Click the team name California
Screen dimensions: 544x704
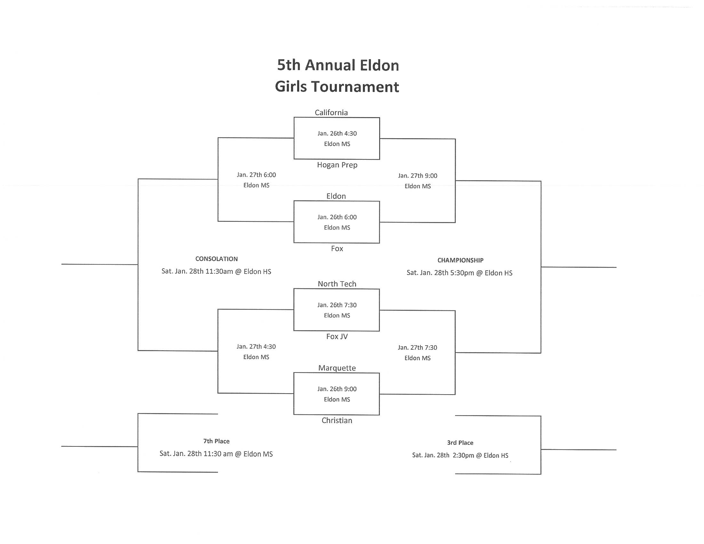click(x=331, y=112)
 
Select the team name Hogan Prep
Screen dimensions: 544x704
click(x=337, y=165)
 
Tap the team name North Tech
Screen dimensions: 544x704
click(x=337, y=284)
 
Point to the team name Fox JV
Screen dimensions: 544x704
click(x=337, y=336)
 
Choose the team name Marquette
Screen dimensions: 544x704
click(x=337, y=368)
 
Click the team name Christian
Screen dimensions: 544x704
click(x=337, y=420)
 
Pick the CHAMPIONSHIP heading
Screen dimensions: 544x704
click(x=460, y=260)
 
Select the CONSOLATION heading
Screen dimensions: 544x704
click(x=216, y=259)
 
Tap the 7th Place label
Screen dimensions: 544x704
click(x=216, y=441)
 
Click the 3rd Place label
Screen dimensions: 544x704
click(x=460, y=443)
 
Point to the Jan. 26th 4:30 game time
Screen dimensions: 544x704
click(x=337, y=133)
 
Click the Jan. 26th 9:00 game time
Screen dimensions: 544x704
click(x=337, y=389)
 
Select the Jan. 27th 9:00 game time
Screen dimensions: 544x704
click(x=417, y=176)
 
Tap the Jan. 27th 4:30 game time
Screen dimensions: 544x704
click(x=256, y=347)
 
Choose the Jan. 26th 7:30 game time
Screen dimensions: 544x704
click(x=337, y=305)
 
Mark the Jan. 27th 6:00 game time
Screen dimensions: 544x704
click(x=256, y=175)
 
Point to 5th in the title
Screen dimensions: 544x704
click(x=289, y=65)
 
